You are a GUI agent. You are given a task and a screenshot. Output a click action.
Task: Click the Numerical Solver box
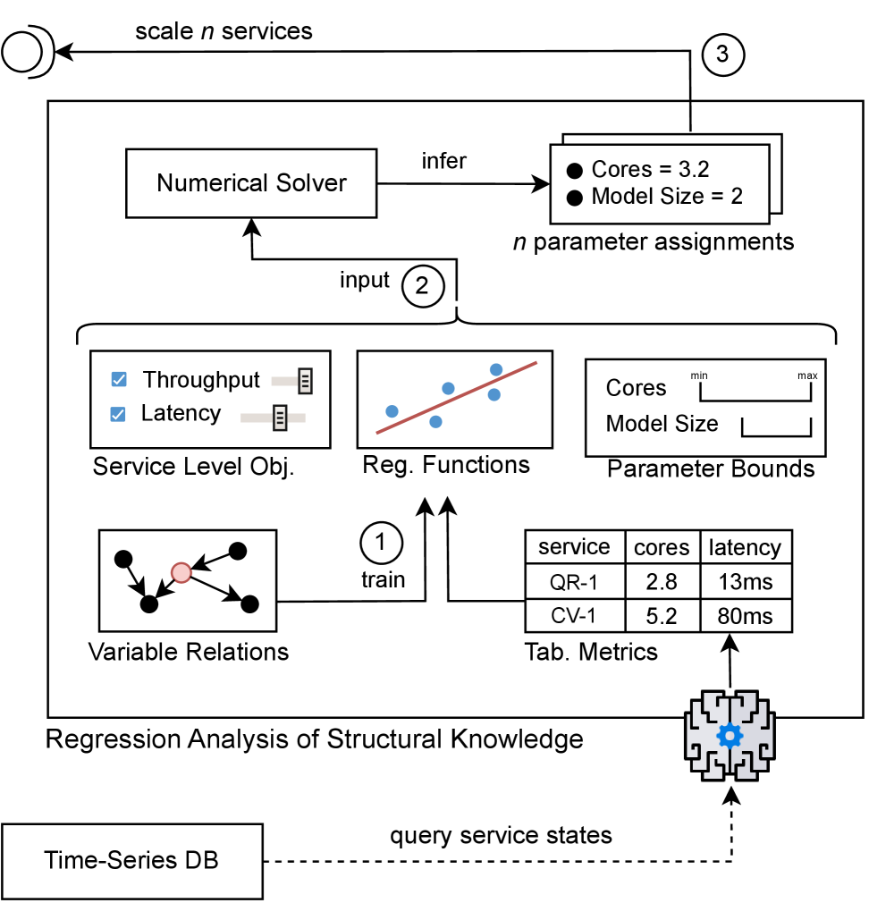pos(251,183)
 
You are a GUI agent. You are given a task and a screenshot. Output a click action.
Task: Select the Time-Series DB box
pos(131,861)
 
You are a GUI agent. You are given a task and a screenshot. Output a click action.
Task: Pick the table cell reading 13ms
pos(746,581)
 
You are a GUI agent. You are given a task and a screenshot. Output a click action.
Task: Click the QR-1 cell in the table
pos(574,581)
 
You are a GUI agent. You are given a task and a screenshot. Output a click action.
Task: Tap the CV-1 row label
pos(574,616)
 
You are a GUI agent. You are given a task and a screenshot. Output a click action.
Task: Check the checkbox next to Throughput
pos(118,380)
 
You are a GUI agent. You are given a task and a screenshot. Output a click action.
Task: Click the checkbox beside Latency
pos(118,414)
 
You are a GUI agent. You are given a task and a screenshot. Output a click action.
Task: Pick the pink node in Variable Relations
pos(181,571)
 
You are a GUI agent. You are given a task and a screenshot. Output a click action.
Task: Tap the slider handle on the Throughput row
pos(304,380)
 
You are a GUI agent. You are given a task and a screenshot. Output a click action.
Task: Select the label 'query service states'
pos(501,836)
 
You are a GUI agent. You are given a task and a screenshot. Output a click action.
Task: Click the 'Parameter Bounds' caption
pos(711,468)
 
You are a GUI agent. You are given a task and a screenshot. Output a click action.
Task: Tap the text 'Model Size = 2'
pos(667,196)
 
